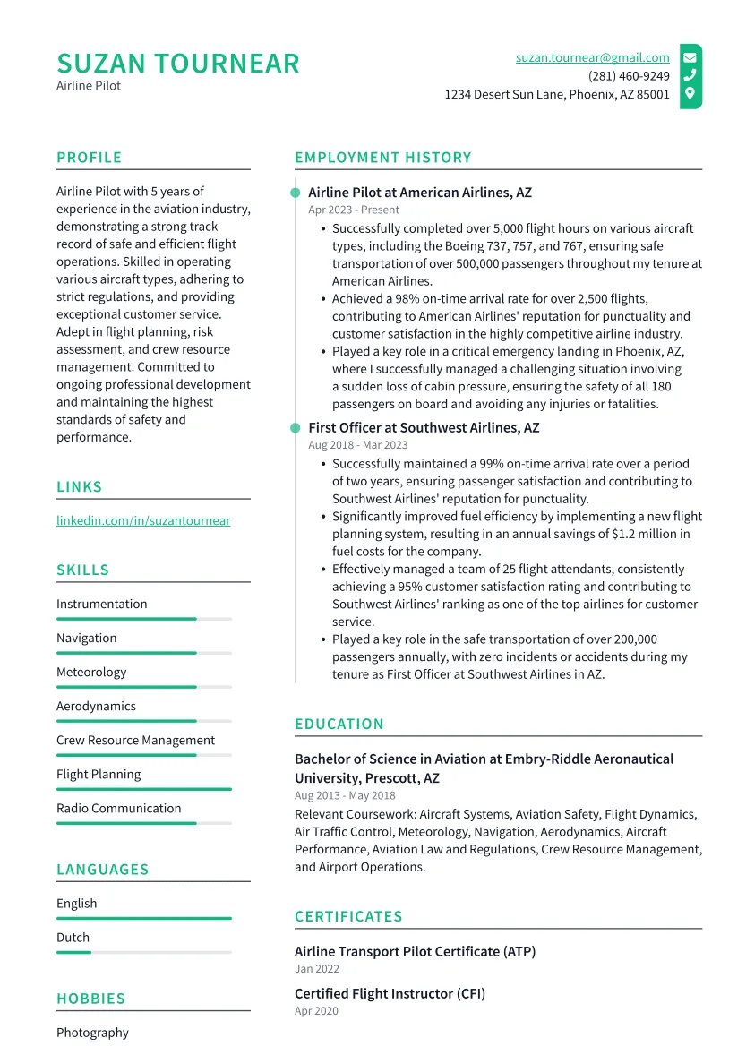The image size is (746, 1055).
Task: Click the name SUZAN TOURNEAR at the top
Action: (x=178, y=64)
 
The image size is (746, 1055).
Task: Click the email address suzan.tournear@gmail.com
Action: (x=592, y=57)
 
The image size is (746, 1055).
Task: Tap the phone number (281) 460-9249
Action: (x=629, y=76)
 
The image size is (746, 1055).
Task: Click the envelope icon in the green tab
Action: (x=690, y=57)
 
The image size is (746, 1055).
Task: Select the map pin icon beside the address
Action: (x=690, y=93)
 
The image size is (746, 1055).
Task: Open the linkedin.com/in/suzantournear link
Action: (x=143, y=520)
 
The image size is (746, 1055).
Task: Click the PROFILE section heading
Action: (x=89, y=158)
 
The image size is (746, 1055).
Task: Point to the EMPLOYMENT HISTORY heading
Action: (x=382, y=158)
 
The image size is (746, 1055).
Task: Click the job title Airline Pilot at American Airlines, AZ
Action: (x=419, y=193)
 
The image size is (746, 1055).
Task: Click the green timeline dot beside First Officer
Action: (x=295, y=428)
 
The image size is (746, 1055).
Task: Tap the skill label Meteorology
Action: (x=91, y=672)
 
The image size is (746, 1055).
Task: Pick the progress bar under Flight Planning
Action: (x=143, y=789)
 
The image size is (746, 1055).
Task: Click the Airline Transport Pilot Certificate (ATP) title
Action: (x=415, y=951)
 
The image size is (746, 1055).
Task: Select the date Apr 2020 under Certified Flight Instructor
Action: (x=316, y=1011)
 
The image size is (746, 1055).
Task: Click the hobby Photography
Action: (x=92, y=1033)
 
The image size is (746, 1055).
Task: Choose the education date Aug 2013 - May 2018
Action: (x=345, y=795)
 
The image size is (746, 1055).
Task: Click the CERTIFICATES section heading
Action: (x=348, y=916)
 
